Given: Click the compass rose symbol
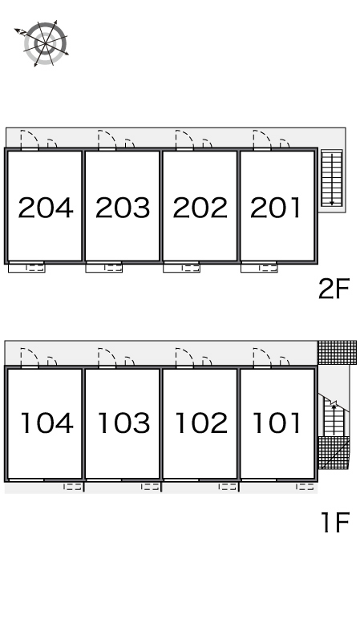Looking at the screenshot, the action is [44, 43].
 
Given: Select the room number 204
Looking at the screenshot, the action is [46, 208].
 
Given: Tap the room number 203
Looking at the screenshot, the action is [123, 208].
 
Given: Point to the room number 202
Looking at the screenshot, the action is [200, 208].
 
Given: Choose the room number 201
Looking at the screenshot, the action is [276, 208].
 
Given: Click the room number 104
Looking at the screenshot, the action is [47, 423].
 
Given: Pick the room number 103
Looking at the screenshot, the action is [124, 423].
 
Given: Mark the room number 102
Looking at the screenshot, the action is [201, 423].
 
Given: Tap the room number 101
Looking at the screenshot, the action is [277, 423].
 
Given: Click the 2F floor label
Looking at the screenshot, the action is [334, 289].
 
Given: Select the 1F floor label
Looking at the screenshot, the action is [335, 522].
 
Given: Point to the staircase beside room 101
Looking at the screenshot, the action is [334, 419].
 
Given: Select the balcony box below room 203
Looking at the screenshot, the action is [103, 267].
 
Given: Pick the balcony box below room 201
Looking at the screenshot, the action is [259, 267].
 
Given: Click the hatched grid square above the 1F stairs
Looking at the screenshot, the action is [337, 353].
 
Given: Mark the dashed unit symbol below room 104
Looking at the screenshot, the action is [73, 487].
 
